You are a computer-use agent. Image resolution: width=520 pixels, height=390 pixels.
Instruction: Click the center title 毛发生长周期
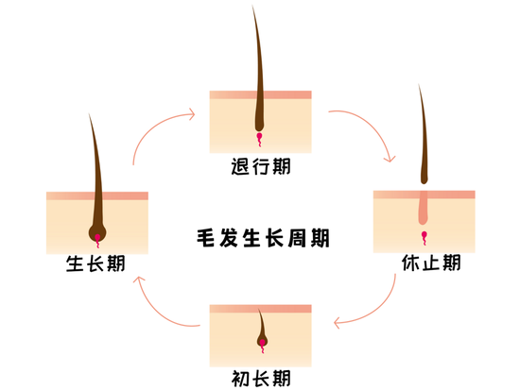pyautogui.click(x=263, y=238)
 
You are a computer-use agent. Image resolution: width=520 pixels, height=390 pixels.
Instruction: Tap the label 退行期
pyautogui.click(x=261, y=166)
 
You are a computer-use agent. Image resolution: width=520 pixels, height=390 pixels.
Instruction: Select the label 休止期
pyautogui.click(x=431, y=263)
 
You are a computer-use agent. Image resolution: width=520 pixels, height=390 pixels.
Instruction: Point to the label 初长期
pyautogui.click(x=261, y=378)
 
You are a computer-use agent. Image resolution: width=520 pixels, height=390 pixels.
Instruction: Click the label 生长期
pyautogui.click(x=95, y=263)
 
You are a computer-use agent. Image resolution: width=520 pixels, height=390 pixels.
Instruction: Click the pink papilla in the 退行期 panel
pyautogui.click(x=259, y=139)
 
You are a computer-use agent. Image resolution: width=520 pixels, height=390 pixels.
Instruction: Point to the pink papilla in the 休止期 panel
pyautogui.click(x=425, y=238)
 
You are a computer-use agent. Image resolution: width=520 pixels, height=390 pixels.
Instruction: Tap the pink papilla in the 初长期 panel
pyautogui.click(x=262, y=346)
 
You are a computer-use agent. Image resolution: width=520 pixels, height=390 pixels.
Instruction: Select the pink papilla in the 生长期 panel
pyautogui.click(x=97, y=240)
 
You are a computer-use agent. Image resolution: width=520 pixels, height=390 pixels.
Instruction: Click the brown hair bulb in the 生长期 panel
pyautogui.click(x=97, y=231)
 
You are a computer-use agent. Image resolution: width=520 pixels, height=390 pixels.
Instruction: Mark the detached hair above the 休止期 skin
pyautogui.click(x=424, y=134)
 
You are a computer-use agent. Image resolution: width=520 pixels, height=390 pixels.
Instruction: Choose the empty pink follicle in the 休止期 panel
pyautogui.click(x=424, y=208)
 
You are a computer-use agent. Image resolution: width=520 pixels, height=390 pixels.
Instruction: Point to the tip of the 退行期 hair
pyautogui.click(x=252, y=6)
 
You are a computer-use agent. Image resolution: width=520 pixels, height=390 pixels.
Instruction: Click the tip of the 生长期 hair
pyautogui.click(x=89, y=113)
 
